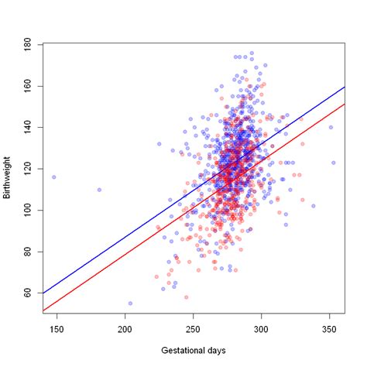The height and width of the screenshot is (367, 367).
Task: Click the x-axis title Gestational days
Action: click(193, 351)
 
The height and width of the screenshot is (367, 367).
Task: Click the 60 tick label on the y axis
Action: click(29, 293)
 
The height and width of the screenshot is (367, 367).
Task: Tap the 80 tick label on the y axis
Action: click(29, 252)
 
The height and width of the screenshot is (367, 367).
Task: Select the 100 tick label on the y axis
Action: click(29, 211)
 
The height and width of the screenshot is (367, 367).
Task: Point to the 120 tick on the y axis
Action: click(29, 169)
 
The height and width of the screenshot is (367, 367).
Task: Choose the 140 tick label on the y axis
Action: click(29, 128)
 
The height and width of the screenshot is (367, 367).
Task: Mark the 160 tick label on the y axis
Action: click(29, 86)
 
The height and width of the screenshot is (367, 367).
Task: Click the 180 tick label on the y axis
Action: click(29, 45)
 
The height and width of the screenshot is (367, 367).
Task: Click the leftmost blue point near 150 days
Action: click(53, 177)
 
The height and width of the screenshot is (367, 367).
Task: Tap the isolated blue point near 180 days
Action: click(99, 190)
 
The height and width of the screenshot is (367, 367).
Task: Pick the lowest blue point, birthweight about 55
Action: click(130, 304)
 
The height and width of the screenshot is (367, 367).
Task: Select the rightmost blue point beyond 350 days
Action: click(334, 163)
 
